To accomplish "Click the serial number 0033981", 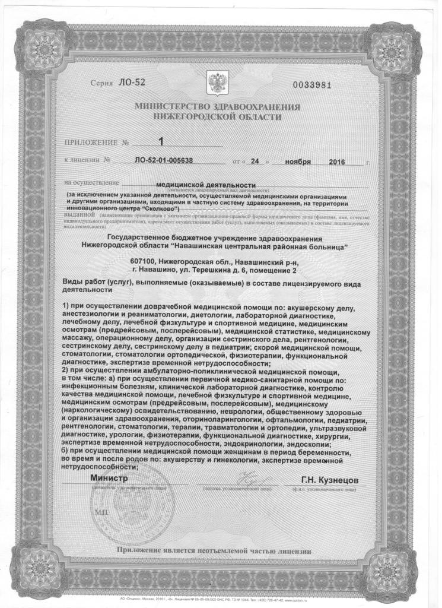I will (x=311, y=84).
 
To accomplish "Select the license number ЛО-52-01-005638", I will (x=163, y=160).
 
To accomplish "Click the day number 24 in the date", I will (x=255, y=160).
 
